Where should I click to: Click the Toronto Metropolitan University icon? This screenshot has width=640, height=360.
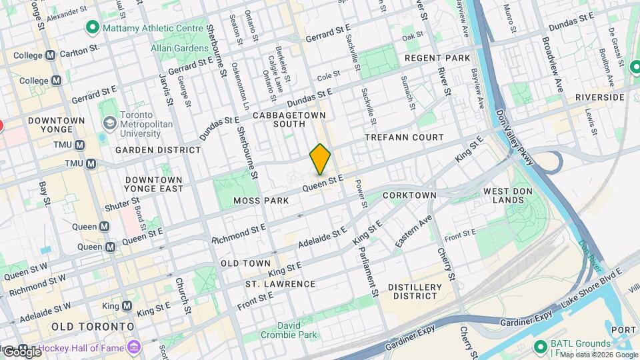coord(109,123)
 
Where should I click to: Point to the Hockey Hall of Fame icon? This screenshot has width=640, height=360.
coord(135,347)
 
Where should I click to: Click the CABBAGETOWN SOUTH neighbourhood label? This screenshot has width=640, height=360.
coord(289,119)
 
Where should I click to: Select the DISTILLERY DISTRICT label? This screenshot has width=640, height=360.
coord(414,291)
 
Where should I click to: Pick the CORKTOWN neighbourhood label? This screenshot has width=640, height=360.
coord(409,195)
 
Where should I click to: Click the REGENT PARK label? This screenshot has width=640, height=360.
coord(437,58)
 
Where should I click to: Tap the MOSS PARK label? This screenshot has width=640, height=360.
coord(261,201)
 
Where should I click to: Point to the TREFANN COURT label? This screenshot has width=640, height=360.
coord(404,137)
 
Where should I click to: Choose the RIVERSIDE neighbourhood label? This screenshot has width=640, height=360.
coord(600,97)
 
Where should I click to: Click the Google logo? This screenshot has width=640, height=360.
coord(21,351)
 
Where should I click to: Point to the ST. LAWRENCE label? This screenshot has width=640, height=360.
coord(280,284)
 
